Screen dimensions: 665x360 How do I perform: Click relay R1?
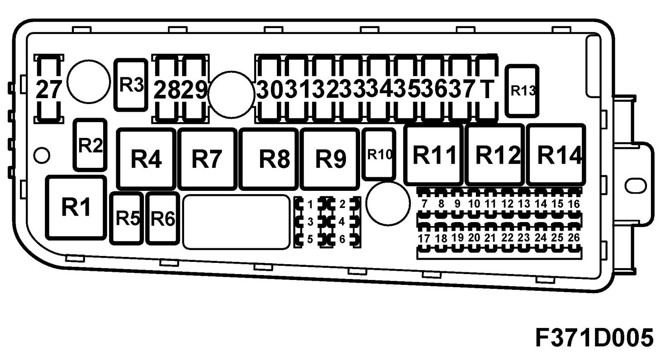(x=76, y=208)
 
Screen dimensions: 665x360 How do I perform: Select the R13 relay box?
(x=522, y=90)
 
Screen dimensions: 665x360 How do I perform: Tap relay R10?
(x=379, y=154)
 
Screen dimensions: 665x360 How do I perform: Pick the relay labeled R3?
(x=131, y=85)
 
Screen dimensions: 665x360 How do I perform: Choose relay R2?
(x=90, y=145)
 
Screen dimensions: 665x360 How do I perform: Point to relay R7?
(x=207, y=158)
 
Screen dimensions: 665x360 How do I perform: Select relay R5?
(x=127, y=218)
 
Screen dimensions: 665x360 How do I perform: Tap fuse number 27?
(x=48, y=89)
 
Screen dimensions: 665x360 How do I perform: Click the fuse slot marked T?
(x=487, y=89)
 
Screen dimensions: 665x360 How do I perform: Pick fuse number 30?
(x=270, y=89)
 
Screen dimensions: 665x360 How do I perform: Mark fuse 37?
(x=463, y=89)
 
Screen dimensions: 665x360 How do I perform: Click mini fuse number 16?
(x=574, y=204)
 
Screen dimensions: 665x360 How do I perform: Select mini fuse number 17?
(x=424, y=238)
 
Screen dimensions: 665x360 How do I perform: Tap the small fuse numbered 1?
(x=310, y=205)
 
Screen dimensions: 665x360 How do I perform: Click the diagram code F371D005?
(x=594, y=337)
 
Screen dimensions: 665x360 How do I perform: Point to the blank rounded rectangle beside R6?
(x=236, y=222)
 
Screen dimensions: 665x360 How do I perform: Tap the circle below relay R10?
(x=388, y=204)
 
